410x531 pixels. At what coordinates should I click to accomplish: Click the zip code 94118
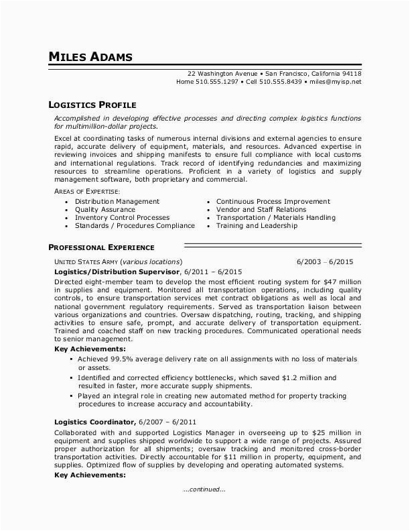click(350, 73)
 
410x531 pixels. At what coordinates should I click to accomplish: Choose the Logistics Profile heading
click(92, 105)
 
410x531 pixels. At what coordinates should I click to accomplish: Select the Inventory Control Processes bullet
click(122, 217)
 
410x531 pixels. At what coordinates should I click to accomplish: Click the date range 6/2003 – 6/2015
click(329, 261)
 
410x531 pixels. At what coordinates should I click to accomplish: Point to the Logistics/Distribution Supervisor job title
click(117, 272)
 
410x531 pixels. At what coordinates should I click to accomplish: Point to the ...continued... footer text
click(204, 489)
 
